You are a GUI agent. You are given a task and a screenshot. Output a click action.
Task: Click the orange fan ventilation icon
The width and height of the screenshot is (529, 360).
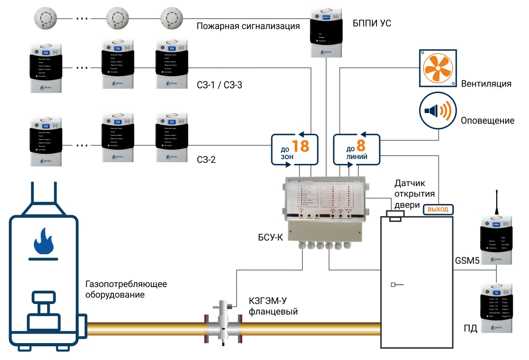tap(438, 68)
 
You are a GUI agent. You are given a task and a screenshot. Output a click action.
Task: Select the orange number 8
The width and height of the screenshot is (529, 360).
tap(361, 145)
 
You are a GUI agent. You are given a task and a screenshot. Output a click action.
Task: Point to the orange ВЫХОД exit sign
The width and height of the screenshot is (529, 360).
tap(437, 209)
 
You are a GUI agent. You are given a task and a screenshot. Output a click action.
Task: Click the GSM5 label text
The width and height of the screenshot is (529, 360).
tap(467, 260)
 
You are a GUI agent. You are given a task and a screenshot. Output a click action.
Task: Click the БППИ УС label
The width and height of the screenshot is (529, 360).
tap(372, 24)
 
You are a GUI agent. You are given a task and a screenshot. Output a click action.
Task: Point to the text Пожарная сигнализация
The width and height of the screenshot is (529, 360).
tap(248, 26)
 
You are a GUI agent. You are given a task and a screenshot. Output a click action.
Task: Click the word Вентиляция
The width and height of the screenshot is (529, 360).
tap(486, 84)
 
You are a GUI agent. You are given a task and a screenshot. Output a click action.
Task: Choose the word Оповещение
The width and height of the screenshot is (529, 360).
tap(487, 121)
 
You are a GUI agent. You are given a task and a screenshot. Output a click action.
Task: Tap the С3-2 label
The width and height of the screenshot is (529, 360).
tap(206, 160)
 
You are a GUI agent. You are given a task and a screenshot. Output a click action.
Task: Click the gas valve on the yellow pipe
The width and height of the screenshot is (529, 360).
tap(223, 322)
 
